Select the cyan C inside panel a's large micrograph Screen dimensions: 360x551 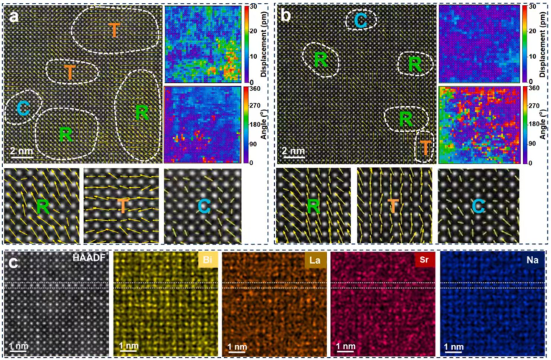pyautogui.click(x=22, y=109)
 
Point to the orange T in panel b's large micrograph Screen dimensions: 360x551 pyautogui.click(x=425, y=148)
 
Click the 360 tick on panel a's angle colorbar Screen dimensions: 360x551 pyautogui.click(x=253, y=89)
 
